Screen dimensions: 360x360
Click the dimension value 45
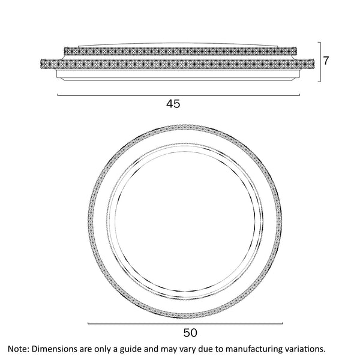(x=173, y=104)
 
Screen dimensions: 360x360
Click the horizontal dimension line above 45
(x=178, y=95)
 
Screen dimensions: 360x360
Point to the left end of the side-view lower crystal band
(x=41, y=62)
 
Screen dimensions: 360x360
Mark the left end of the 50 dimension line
(x=88, y=322)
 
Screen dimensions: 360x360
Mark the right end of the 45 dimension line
(x=298, y=95)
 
